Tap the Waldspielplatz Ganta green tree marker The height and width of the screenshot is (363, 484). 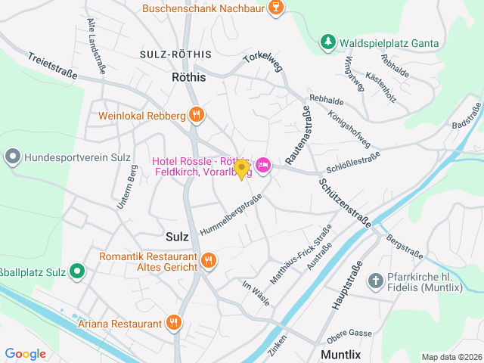click(x=327, y=42)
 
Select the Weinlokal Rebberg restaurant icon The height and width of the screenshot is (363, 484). click(x=197, y=115)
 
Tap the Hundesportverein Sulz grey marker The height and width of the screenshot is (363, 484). click(x=13, y=157)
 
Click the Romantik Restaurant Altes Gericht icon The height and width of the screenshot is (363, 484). click(x=209, y=261)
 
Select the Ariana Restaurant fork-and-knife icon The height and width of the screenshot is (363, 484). click(x=175, y=324)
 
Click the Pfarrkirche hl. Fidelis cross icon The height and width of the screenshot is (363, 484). click(x=376, y=282)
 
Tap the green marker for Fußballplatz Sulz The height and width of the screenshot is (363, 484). click(x=77, y=270)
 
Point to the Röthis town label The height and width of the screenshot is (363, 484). click(x=189, y=76)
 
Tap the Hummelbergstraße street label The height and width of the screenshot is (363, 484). click(x=231, y=214)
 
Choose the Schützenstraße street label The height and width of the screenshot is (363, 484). click(x=344, y=200)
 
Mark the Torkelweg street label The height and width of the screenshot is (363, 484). click(x=262, y=59)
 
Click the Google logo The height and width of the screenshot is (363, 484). click(x=25, y=353)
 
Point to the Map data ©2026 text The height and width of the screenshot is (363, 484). click(x=451, y=357)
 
